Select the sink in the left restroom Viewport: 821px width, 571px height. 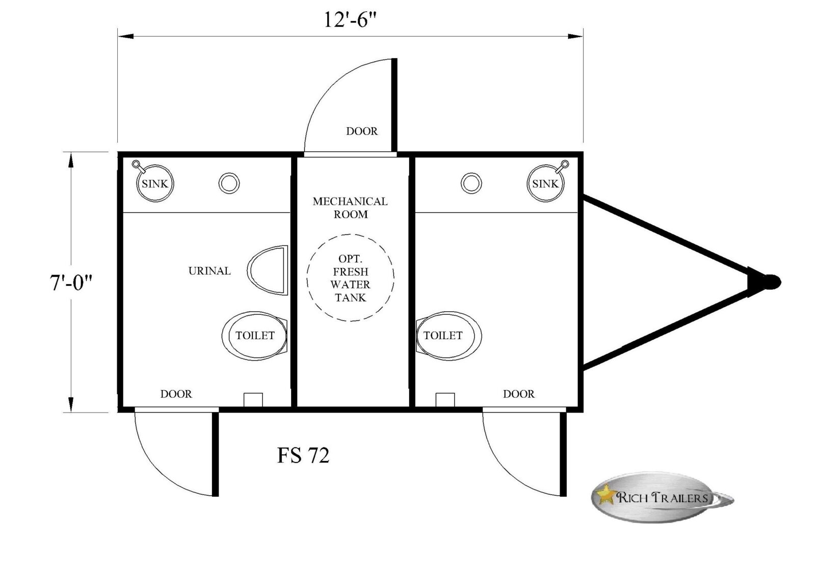(155, 183)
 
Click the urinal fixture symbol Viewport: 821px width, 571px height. (268, 270)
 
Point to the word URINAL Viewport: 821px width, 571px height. (209, 271)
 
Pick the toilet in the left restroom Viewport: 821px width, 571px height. (255, 336)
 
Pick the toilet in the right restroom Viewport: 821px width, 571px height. (448, 336)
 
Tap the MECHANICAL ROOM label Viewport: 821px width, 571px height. (350, 208)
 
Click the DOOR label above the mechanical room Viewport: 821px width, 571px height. (362, 131)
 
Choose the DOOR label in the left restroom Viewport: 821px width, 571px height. (176, 394)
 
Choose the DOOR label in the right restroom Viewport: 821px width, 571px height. (519, 394)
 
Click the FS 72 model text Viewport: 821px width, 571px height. (303, 455)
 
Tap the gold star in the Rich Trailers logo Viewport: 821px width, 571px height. (605, 494)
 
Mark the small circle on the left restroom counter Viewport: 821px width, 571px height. (229, 183)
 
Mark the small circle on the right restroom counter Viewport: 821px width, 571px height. (471, 183)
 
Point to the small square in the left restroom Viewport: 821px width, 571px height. (253, 399)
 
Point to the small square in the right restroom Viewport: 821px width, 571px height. (445, 399)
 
